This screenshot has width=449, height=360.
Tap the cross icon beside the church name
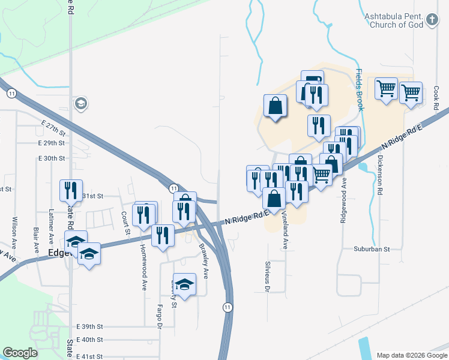(x=432, y=21)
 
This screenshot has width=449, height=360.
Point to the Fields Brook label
(x=360, y=90)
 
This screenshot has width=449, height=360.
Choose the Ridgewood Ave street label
(x=344, y=200)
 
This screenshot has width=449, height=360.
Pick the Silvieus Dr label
(x=267, y=275)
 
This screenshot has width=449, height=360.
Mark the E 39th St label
(x=91, y=326)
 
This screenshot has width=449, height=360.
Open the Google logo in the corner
(x=20, y=353)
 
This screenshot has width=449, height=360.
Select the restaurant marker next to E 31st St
(x=71, y=190)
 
